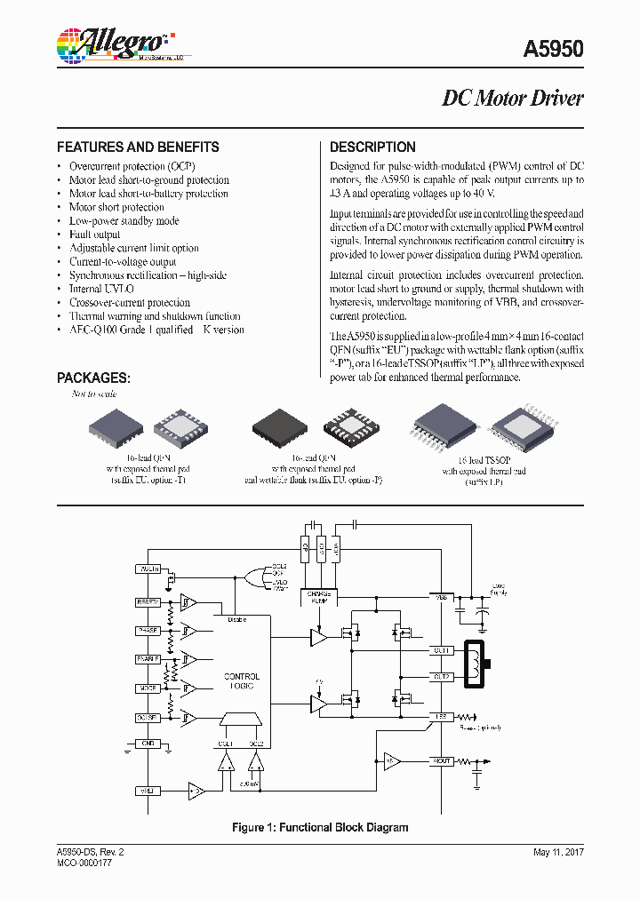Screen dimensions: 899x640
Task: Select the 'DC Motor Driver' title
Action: point(513,99)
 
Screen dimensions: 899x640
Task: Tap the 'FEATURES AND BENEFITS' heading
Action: point(138,147)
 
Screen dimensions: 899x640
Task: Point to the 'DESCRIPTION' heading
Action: point(372,147)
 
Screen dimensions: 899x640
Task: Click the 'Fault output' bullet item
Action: point(94,235)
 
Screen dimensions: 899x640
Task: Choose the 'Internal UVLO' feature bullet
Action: point(101,289)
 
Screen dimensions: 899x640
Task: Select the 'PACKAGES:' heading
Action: point(93,378)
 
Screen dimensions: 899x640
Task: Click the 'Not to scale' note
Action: point(94,394)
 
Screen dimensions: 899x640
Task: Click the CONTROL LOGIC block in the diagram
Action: point(242,681)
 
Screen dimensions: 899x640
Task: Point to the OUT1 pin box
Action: point(442,651)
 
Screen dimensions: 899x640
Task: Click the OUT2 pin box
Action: point(442,677)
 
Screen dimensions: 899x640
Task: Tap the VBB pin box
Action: point(442,597)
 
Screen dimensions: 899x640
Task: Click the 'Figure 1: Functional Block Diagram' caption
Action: point(320,827)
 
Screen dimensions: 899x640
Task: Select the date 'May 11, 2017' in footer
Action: point(558,852)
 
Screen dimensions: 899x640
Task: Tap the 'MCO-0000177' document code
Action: point(84,863)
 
